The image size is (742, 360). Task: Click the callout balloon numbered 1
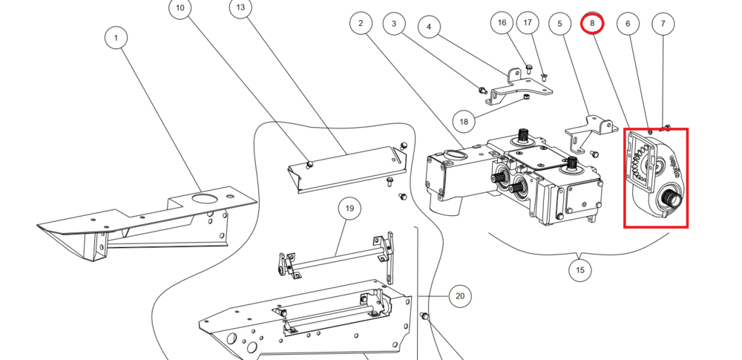click(116, 36)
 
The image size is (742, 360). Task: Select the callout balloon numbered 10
click(180, 9)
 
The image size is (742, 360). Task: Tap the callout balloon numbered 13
click(240, 9)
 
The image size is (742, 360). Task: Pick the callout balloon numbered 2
click(361, 23)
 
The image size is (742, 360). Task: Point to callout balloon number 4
click(429, 27)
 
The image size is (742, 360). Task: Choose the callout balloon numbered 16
click(502, 23)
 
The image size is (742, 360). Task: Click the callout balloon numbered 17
click(528, 23)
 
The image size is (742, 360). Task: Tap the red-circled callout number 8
click(592, 23)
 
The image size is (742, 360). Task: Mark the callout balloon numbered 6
click(628, 24)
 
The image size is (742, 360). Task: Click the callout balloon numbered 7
click(663, 24)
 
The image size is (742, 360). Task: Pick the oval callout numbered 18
click(464, 121)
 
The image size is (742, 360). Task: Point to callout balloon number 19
click(349, 209)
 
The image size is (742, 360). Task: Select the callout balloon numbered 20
click(460, 296)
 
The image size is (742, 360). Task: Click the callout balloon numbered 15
click(580, 270)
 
